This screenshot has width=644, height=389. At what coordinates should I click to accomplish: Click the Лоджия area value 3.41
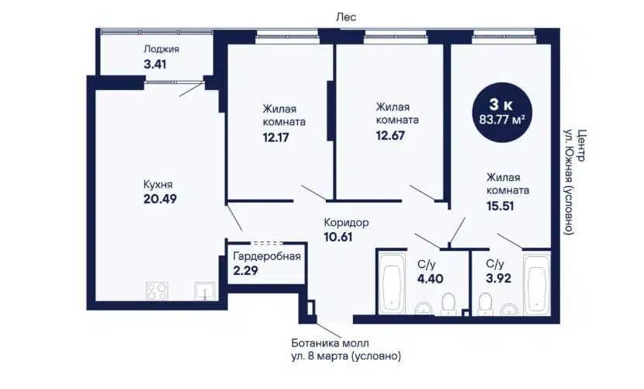155,64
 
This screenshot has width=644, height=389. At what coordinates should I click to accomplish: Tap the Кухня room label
158,184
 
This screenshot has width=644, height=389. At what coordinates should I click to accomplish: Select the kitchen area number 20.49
160,199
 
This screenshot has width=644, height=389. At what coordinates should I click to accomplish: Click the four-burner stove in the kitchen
158,291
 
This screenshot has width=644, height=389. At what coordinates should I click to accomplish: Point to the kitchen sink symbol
205,291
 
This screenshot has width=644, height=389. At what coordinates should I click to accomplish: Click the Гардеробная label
267,256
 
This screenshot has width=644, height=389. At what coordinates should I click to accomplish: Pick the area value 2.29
245,270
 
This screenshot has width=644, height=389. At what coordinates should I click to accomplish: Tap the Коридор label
346,223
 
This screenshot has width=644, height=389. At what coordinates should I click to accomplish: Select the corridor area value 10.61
338,238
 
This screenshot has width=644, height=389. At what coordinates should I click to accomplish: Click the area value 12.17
275,137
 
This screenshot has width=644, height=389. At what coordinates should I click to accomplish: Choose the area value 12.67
390,135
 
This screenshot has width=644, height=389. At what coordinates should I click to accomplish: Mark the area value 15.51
500,206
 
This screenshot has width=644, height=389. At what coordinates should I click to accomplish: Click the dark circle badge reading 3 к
502,113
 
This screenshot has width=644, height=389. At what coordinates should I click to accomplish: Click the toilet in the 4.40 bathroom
448,304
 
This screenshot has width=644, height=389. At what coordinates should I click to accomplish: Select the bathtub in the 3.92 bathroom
537,284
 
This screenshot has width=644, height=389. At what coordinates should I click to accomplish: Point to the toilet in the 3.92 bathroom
486,304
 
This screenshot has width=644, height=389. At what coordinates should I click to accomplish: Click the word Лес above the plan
346,17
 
